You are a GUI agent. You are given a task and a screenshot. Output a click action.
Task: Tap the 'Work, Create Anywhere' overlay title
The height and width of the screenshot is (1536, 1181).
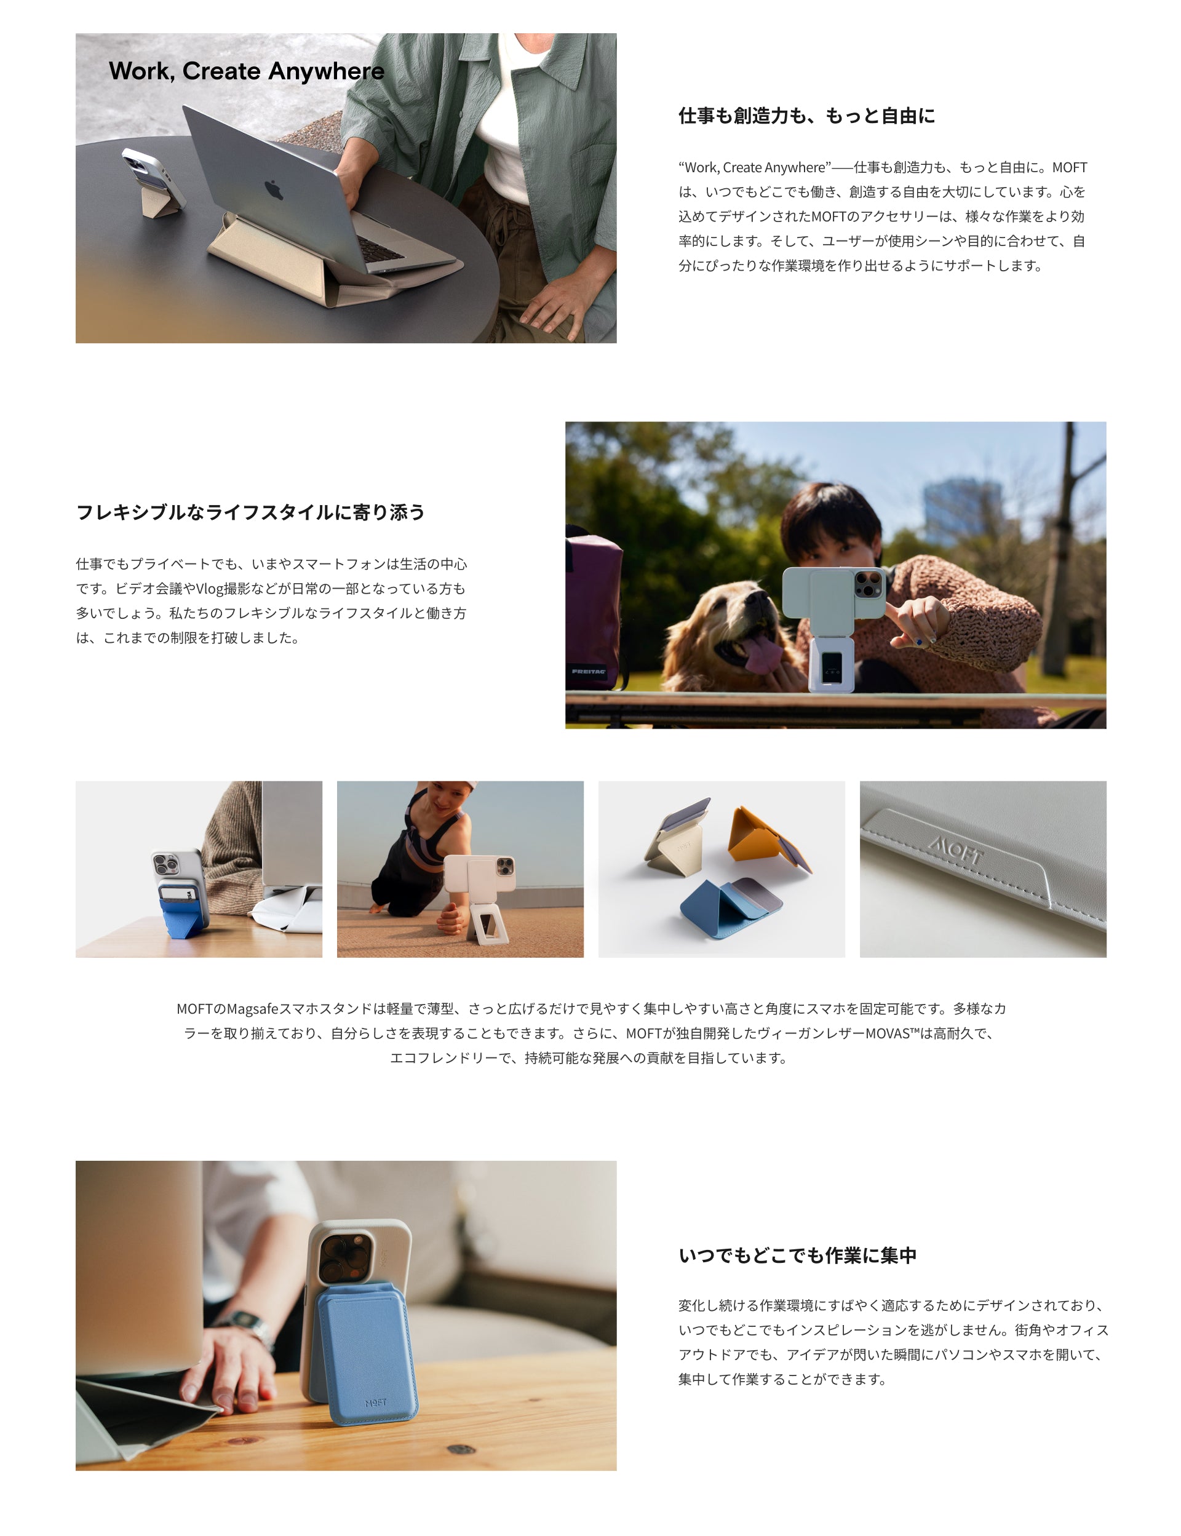247,71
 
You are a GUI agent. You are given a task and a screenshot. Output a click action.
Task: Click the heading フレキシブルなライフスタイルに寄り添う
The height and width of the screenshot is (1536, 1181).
250,512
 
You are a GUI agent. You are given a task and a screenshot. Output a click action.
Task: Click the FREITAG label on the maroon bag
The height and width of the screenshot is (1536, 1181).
589,671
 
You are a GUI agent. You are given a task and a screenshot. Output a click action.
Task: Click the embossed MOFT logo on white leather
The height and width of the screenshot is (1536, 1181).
955,849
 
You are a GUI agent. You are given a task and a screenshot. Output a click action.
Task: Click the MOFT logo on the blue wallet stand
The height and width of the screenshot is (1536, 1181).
375,1403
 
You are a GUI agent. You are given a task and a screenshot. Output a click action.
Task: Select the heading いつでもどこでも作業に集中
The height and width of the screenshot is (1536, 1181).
797,1255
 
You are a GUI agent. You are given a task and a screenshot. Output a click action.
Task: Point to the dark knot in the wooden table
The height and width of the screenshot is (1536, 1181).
461,1449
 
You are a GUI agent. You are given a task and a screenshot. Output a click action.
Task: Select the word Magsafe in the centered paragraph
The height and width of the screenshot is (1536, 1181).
252,1009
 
